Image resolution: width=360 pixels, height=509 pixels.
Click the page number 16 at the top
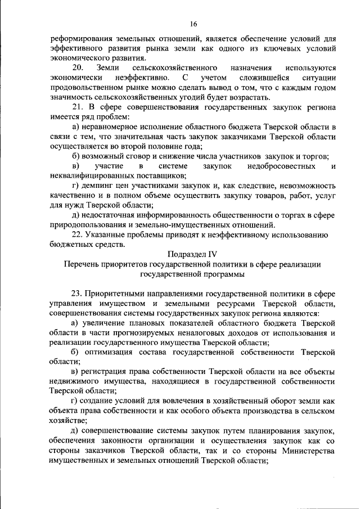[x=193, y=24]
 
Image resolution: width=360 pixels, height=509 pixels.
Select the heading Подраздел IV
[x=192, y=254]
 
